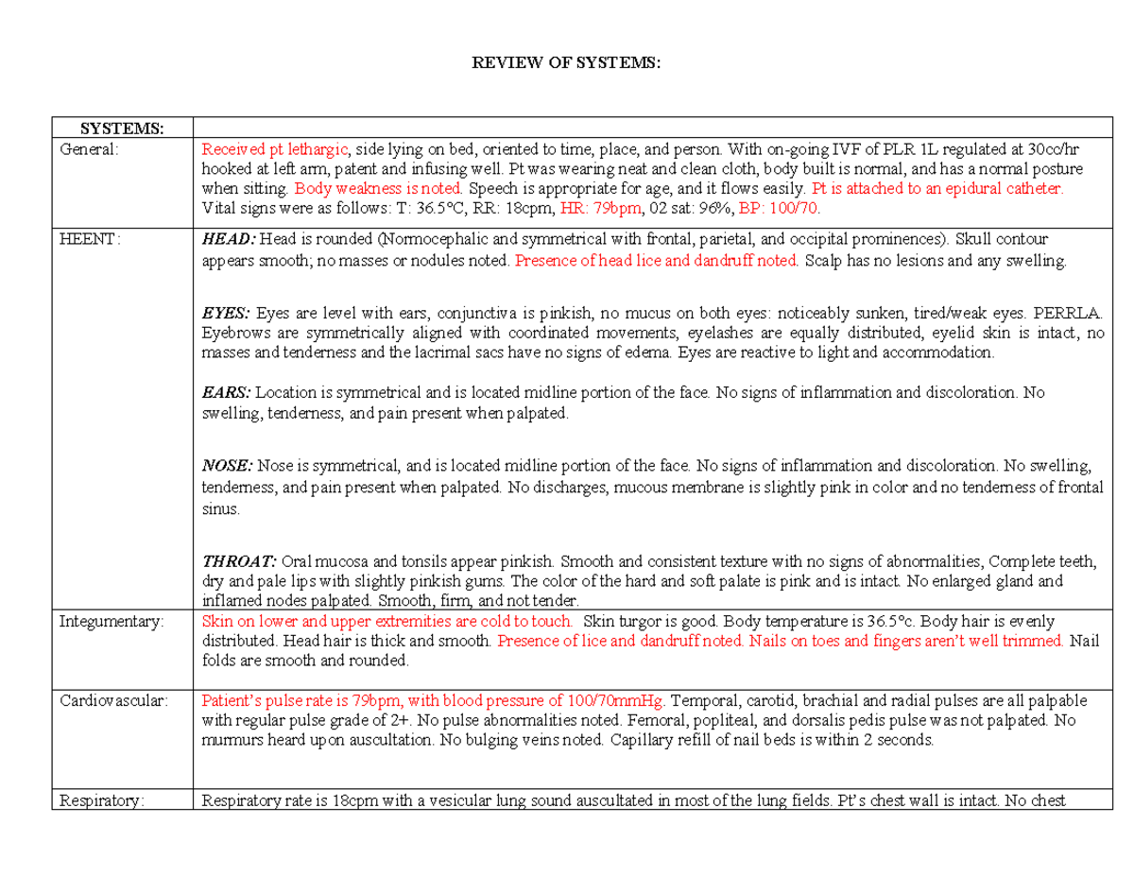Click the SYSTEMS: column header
(120, 129)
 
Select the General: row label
(90, 148)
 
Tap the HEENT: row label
(91, 239)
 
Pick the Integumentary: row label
(112, 622)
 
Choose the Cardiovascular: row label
(113, 701)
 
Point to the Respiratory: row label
(103, 801)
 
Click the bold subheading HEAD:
(230, 239)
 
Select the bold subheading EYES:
(227, 312)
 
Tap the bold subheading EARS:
(227, 391)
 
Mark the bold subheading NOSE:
(228, 465)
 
